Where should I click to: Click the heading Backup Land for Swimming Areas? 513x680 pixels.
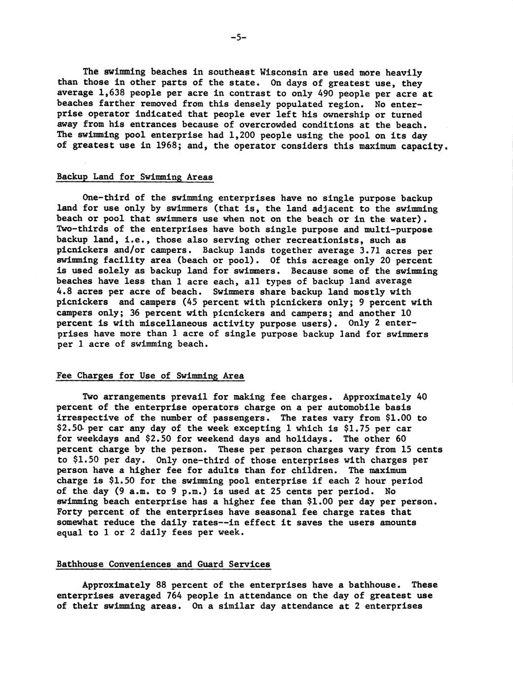tap(135, 177)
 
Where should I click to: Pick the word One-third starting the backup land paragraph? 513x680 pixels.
tap(104, 198)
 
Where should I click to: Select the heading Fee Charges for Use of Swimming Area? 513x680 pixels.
tap(150, 376)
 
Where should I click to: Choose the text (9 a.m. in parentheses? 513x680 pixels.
tap(130, 491)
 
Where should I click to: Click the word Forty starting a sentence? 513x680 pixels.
tap(70, 512)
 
